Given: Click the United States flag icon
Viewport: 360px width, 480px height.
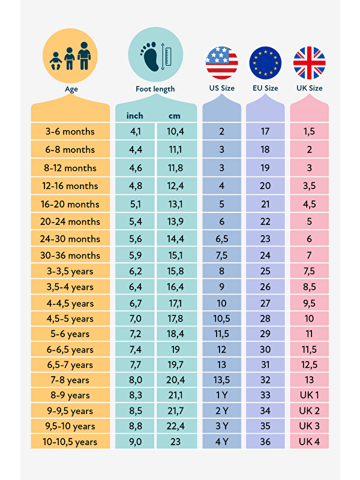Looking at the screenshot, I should (221, 62).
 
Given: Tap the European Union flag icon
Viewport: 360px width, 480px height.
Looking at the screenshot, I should (265, 62).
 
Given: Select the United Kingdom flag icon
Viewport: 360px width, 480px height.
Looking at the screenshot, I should (309, 62).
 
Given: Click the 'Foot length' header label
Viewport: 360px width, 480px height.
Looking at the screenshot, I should (155, 89).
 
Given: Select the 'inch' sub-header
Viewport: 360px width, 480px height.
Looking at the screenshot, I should (135, 115).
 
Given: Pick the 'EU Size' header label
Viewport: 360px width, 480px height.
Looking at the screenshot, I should (265, 88).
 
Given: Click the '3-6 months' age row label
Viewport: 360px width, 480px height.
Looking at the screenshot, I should (71, 131).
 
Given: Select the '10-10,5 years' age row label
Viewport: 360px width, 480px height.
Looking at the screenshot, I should (71, 442).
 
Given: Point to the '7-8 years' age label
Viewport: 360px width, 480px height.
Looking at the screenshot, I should (71, 380).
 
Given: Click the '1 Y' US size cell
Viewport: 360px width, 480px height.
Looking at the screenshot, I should (221, 395).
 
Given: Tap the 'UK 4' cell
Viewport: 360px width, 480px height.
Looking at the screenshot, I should (310, 442).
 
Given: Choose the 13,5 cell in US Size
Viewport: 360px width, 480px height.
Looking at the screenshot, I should (221, 380).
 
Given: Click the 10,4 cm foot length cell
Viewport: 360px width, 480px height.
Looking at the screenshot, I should (175, 131).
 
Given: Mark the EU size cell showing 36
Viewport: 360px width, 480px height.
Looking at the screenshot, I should (265, 442).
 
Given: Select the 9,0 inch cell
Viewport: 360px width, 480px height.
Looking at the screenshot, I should (135, 442).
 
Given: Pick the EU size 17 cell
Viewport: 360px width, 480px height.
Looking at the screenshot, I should (265, 131).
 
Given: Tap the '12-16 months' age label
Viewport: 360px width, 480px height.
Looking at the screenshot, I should (71, 186).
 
